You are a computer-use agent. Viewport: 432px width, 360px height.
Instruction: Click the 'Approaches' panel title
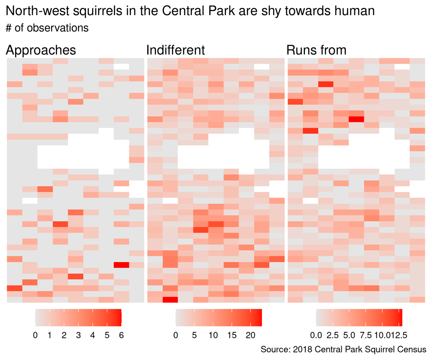pos(41,50)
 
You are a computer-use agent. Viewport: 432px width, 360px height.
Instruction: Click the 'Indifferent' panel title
pos(175,50)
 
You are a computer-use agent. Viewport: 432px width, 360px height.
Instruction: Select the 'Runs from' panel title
pos(316,50)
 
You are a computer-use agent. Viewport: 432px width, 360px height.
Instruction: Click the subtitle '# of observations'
pos(47,28)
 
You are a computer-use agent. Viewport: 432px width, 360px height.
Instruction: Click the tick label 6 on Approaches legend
pos(121,336)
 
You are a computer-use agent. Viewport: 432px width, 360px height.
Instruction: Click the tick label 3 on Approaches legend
pos(78,336)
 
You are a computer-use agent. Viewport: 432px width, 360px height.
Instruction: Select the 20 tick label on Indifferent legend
pos(250,336)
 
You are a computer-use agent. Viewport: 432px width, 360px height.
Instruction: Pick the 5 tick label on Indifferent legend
pos(194,336)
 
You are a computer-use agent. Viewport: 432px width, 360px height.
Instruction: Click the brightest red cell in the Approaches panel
pos(121,265)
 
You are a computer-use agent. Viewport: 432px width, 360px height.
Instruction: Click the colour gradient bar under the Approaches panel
pos(78,318)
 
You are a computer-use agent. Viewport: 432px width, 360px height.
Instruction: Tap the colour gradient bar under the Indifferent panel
pos(219,318)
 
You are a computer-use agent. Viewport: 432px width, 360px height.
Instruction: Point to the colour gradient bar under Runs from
pos(359,318)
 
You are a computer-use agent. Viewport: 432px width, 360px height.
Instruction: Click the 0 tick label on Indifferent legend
pos(176,336)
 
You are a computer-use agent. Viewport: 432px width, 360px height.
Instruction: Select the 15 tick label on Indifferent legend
pos(231,336)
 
